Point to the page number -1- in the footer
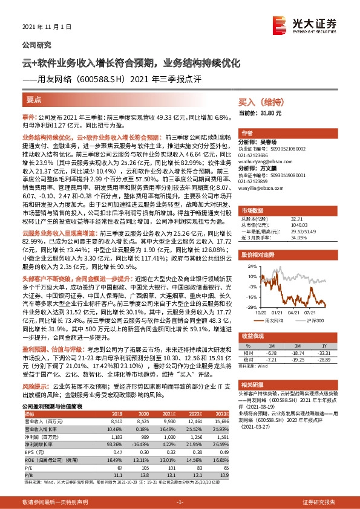tap(180, 502)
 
